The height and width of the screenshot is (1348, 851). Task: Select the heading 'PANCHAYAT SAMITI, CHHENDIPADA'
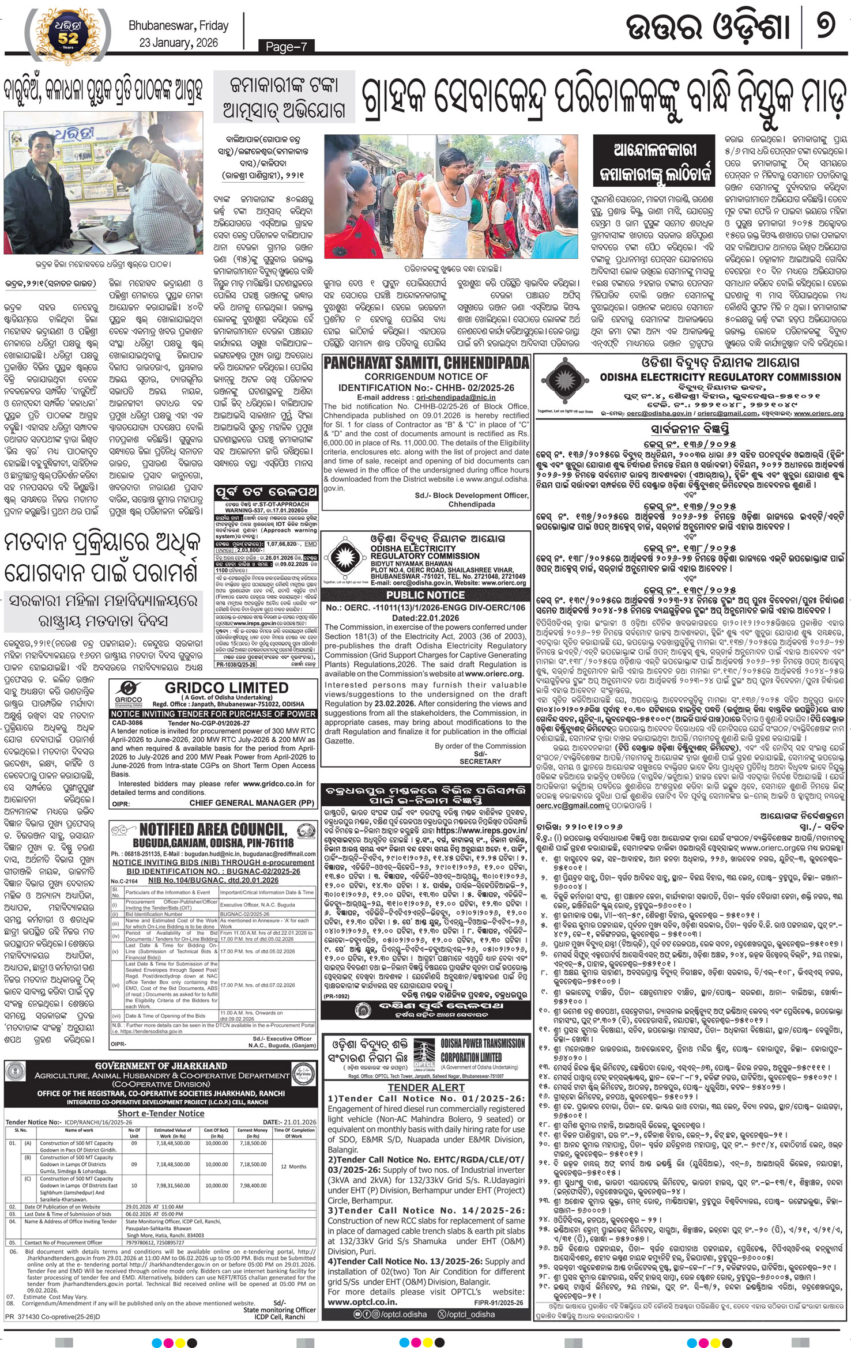[x=426, y=363]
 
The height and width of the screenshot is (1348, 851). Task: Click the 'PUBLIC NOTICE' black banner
[x=426, y=594]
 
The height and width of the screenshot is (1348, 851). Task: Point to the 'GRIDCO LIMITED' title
[x=226, y=688]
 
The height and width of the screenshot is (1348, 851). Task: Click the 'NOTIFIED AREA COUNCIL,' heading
[x=213, y=829]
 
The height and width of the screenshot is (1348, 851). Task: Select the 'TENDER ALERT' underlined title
[x=426, y=1088]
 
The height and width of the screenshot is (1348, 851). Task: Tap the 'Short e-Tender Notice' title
[x=161, y=1113]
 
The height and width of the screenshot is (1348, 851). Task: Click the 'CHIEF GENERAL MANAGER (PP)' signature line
[x=252, y=803]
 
